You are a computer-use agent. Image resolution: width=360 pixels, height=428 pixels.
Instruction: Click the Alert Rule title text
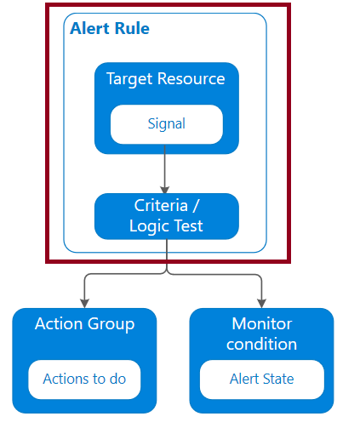pos(110,28)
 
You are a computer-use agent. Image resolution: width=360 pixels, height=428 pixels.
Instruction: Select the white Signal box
pos(167,124)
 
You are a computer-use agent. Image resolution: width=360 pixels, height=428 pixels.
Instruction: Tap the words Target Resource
pos(165,79)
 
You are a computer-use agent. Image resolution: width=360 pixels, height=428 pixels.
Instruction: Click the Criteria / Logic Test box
pos(167,216)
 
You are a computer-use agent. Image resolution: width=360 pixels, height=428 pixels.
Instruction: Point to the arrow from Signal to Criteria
pos(165,169)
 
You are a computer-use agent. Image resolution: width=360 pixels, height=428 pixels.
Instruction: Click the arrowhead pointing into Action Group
pos(84,303)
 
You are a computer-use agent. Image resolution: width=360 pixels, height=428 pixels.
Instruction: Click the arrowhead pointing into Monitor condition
pos(261,303)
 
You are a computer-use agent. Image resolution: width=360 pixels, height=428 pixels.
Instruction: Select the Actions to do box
pos(84,379)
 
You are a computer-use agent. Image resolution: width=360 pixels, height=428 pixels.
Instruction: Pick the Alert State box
pos(262,379)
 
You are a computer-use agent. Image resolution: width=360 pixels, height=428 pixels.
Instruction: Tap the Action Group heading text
pos(84,324)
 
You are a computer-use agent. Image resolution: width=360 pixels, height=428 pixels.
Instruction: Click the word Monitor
pos(262,323)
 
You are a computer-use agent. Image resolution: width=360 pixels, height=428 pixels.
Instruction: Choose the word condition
pos(261,344)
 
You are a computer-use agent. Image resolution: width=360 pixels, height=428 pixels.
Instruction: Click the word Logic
pos(150,226)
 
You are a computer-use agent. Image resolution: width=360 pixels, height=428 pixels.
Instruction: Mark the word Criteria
pos(161,206)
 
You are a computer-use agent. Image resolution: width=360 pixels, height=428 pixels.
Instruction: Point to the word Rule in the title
pos(132,28)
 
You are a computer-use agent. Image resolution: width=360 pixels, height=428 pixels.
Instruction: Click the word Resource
pos(191,78)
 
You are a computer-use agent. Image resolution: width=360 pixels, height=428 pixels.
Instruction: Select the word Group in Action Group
pos(111,325)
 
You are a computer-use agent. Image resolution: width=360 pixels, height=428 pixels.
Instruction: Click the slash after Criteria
pos(196,206)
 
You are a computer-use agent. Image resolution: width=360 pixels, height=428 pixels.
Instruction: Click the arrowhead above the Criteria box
pos(165,190)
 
